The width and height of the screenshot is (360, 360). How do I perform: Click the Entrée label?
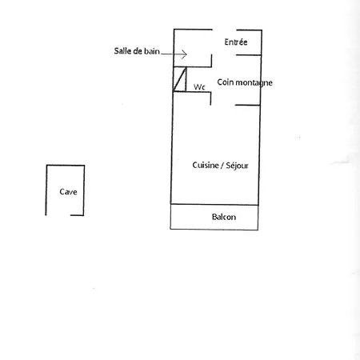pyautogui.click(x=236, y=42)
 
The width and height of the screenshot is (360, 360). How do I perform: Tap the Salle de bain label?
pyautogui.click(x=137, y=51)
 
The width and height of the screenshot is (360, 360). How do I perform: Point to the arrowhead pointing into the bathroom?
pyautogui.click(x=184, y=54)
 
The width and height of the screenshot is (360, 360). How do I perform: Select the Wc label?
pyautogui.click(x=199, y=87)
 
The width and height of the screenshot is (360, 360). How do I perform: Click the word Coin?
pyautogui.click(x=226, y=82)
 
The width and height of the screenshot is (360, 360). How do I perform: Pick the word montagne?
pyautogui.click(x=254, y=83)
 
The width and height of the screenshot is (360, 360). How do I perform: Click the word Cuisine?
pyautogui.click(x=206, y=166)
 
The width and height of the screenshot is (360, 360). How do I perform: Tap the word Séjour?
pyautogui.click(x=237, y=166)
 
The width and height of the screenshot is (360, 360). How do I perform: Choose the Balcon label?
pyautogui.click(x=224, y=217)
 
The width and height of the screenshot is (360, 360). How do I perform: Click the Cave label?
pyautogui.click(x=68, y=192)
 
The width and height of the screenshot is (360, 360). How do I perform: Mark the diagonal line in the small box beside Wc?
pyautogui.click(x=180, y=79)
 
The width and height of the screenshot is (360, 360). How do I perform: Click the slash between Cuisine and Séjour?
pyautogui.click(x=222, y=166)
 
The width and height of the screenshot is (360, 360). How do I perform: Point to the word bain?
pyautogui.click(x=152, y=51)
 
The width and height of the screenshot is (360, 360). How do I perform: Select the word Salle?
pyautogui.click(x=122, y=51)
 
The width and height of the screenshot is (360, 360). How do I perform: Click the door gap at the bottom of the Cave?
pyautogui.click(x=58, y=215)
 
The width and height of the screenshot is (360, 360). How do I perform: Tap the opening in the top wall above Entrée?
pyautogui.click(x=225, y=30)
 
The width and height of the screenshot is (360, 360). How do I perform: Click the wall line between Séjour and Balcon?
pyautogui.click(x=214, y=205)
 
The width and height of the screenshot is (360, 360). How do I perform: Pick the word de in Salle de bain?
pyautogui.click(x=138, y=51)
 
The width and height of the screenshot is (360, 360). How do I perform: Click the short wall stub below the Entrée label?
pyautogui.click(x=249, y=55)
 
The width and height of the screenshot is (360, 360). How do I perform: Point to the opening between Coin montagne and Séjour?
pyautogui.click(x=223, y=105)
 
